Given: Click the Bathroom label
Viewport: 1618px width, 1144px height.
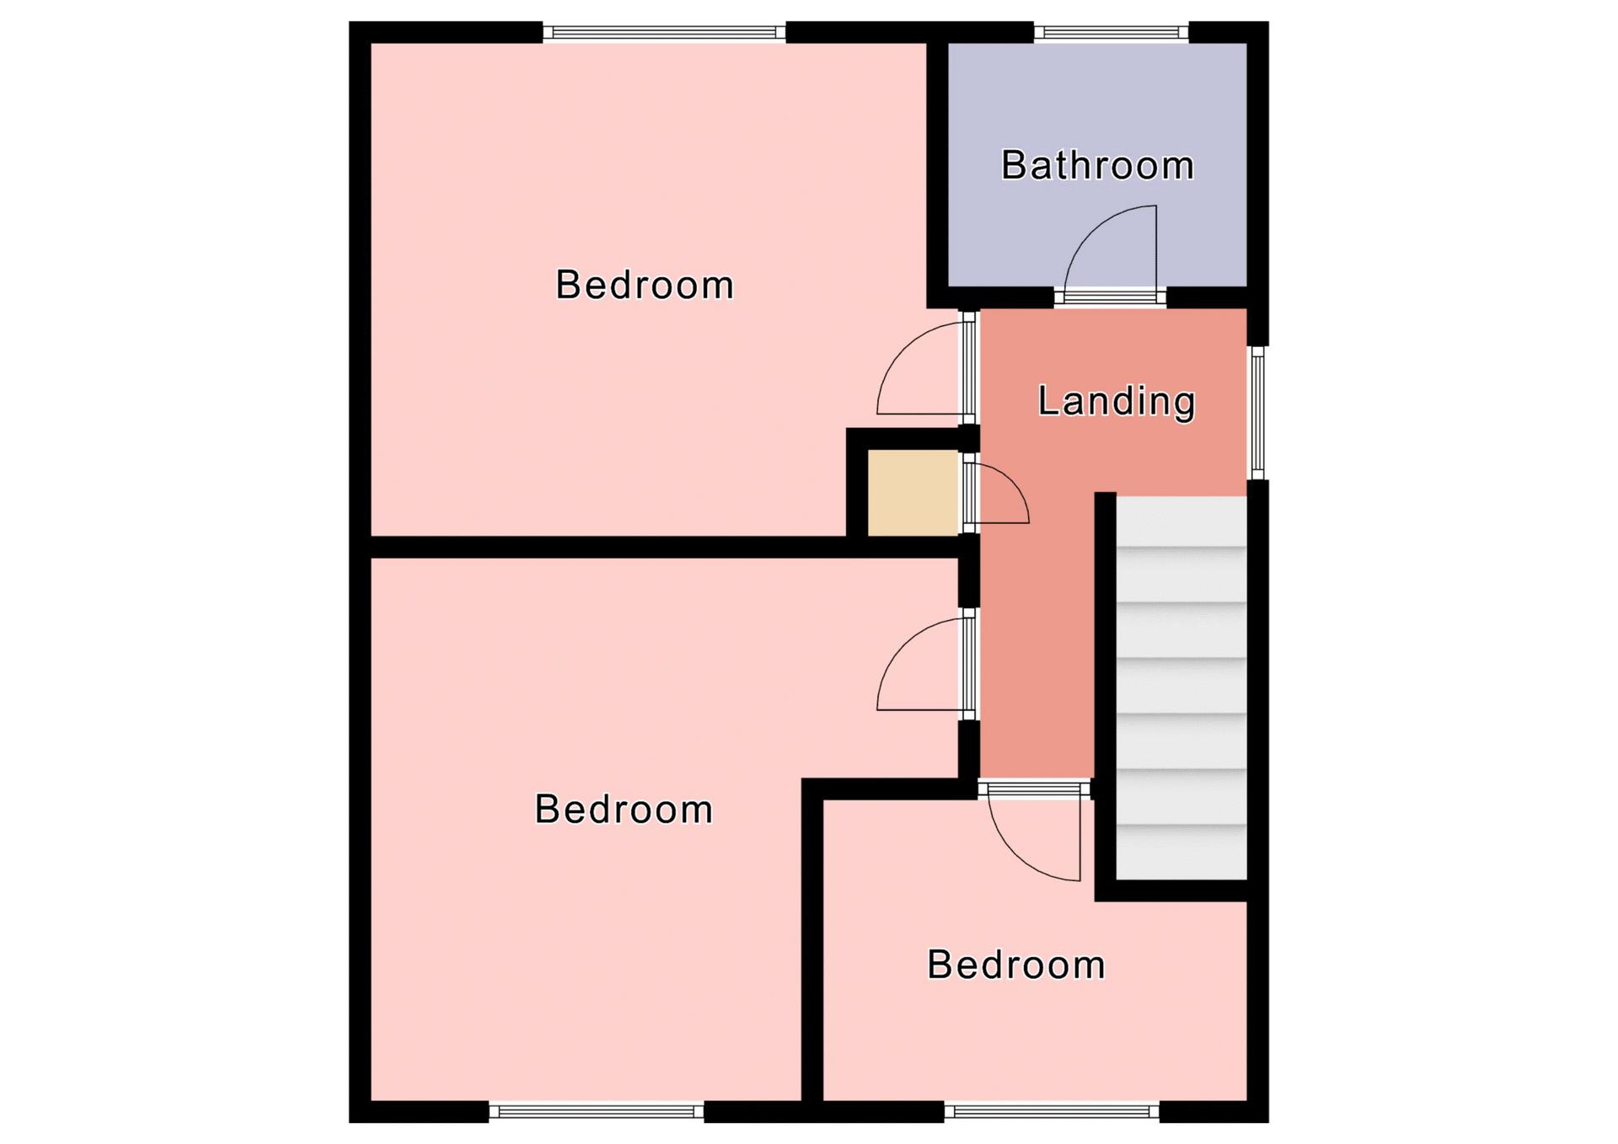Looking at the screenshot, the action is click(1097, 165).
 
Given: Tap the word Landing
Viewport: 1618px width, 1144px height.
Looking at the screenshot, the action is click(1117, 401).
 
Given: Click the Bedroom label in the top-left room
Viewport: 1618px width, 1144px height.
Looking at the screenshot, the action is click(645, 285).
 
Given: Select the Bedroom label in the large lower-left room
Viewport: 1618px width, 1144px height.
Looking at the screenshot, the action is click(624, 810).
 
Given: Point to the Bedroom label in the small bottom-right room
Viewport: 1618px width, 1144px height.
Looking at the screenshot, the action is click(1016, 965).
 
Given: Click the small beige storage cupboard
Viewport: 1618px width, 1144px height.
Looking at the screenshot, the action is click(913, 493).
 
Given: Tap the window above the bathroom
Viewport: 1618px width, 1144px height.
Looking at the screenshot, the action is click(1111, 33).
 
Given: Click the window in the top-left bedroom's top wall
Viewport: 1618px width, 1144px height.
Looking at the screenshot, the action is click(664, 33).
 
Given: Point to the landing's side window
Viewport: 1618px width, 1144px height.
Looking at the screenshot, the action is click(1257, 413).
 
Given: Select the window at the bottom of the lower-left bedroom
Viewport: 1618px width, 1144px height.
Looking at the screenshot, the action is click(597, 1112).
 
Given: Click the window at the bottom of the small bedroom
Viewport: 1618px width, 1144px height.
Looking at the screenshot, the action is click(1052, 1112).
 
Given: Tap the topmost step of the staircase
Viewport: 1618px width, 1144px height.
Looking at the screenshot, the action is click(1181, 521).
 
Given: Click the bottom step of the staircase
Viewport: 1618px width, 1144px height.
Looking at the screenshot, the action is click(1181, 853).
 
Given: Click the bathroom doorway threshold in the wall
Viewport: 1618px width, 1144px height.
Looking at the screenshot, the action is click(1110, 297).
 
